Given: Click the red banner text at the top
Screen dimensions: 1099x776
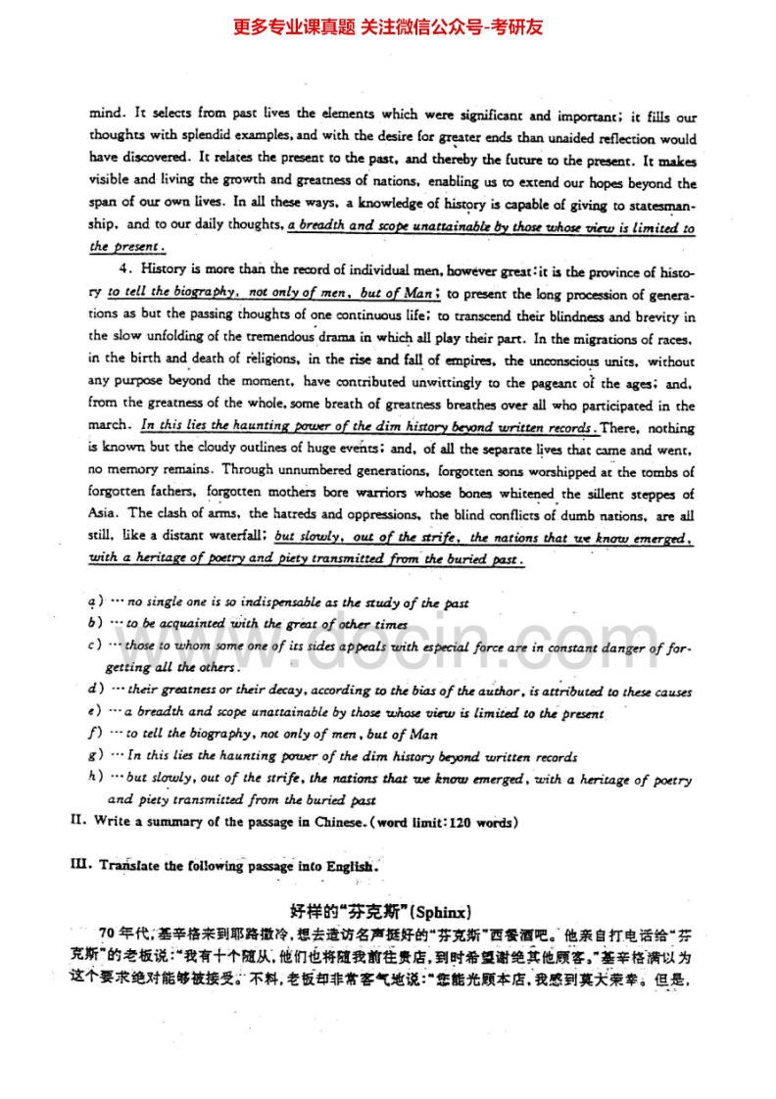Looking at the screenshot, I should [388, 27].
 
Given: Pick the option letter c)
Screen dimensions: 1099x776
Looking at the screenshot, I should [94, 646].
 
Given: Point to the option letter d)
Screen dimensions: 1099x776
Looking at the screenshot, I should [94, 691].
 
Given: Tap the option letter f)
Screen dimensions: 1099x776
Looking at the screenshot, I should [94, 734].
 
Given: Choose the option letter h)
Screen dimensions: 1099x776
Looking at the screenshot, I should [94, 779].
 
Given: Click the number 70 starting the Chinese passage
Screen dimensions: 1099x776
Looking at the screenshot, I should [110, 932].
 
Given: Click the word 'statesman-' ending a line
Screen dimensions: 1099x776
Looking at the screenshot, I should [658, 205].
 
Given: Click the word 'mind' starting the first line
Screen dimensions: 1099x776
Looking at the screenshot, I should [103, 115].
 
